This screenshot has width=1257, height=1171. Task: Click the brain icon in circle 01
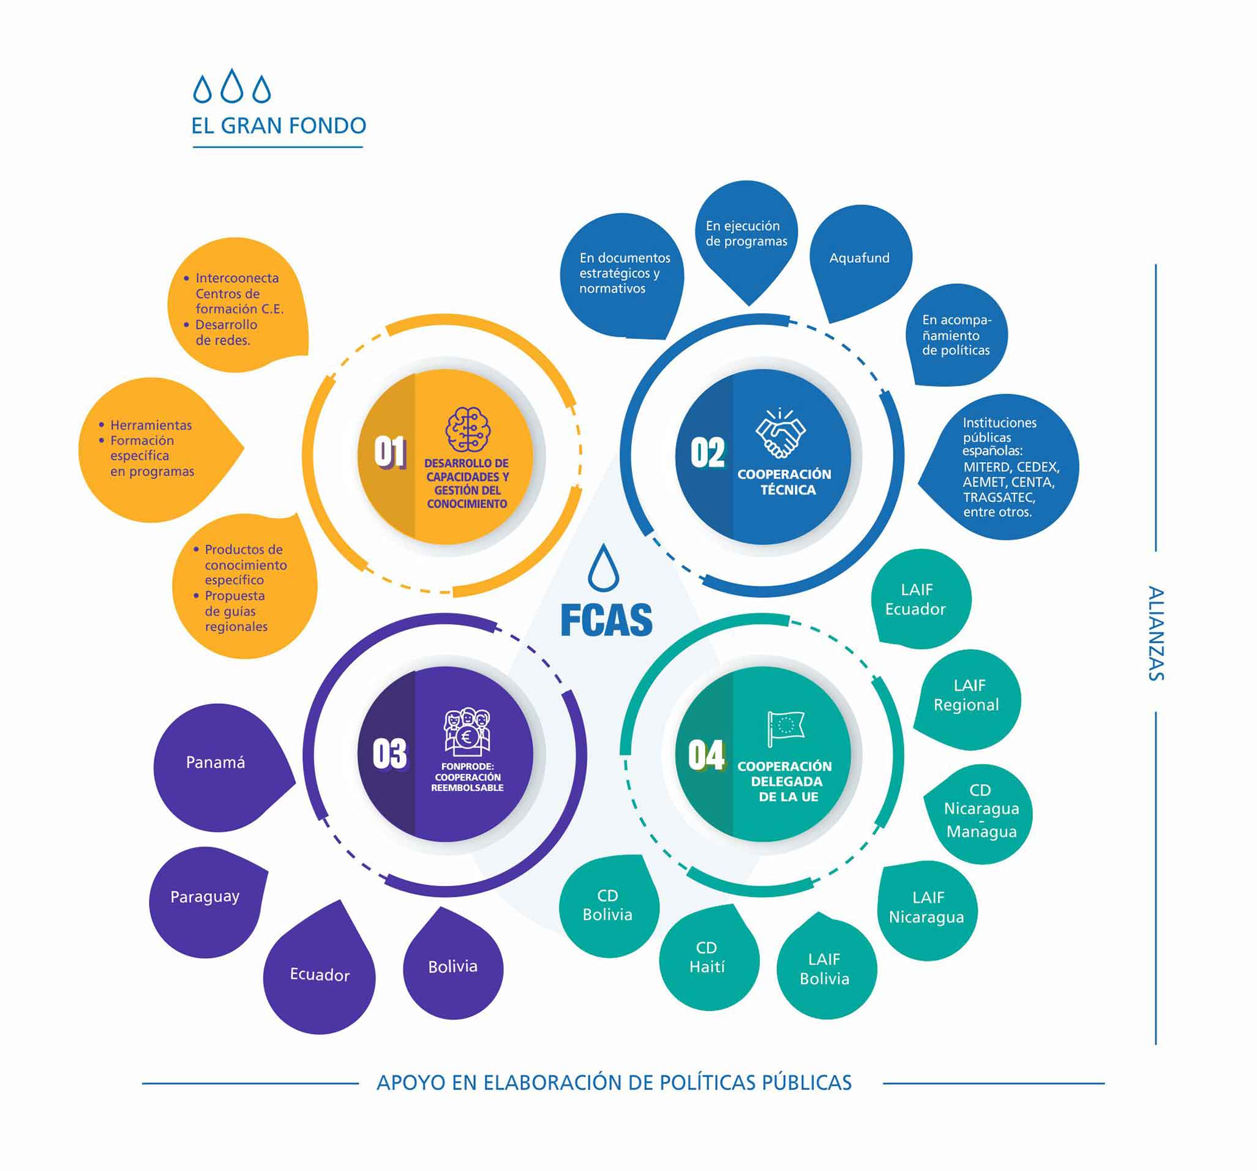[x=467, y=429]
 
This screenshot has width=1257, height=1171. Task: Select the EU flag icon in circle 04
[x=786, y=728]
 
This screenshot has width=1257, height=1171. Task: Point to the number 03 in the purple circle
[x=389, y=754]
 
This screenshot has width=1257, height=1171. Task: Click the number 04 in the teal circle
[x=707, y=755]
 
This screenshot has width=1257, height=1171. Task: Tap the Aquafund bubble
[x=859, y=258]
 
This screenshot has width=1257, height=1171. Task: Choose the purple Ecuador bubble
[x=320, y=975]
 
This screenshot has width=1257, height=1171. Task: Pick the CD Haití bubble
[x=707, y=957]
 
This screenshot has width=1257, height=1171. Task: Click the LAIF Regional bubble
[x=967, y=696]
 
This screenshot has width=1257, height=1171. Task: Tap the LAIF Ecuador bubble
[x=916, y=599]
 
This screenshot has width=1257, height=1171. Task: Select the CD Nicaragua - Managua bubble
[x=981, y=811]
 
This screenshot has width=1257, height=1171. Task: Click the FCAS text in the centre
[x=606, y=620]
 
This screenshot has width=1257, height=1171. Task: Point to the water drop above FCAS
[x=603, y=568]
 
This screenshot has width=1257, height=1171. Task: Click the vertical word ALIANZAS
[x=1156, y=633]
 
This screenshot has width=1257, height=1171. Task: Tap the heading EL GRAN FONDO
[x=279, y=126]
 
